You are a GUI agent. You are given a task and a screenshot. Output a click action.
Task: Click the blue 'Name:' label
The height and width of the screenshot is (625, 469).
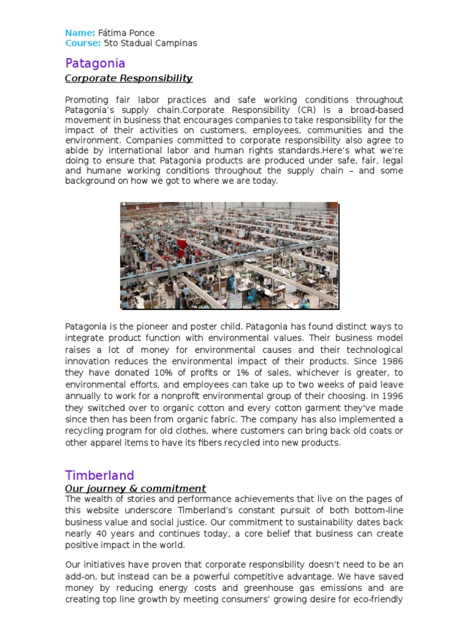point(80,32)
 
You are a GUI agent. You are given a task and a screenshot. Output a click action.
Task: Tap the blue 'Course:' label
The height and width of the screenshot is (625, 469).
point(83,43)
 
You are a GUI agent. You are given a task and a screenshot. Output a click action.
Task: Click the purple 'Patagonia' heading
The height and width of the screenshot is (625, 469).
point(95,63)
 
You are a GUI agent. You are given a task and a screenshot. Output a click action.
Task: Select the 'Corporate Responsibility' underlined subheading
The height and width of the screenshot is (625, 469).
point(128,78)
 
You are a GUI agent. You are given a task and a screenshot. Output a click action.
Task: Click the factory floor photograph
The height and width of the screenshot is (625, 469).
point(229,255)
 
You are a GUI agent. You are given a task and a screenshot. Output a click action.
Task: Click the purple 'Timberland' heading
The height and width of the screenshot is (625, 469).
point(100,475)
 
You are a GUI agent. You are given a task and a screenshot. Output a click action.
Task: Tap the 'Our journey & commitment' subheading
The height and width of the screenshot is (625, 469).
point(136,488)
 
